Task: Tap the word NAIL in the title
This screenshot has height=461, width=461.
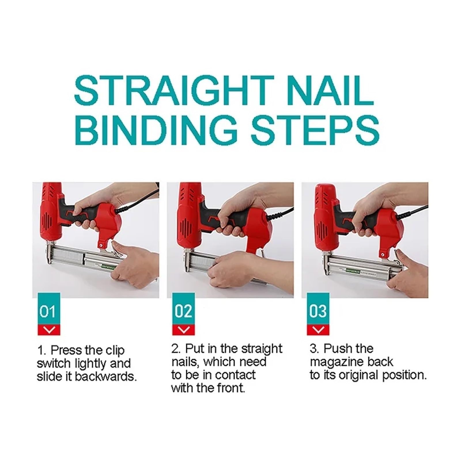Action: [x=330, y=90]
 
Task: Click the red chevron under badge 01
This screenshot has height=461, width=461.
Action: [x=49, y=330]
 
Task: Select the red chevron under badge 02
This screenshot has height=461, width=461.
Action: [x=183, y=330]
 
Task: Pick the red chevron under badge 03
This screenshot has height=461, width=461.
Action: [x=318, y=330]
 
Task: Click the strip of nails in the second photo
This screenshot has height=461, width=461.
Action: [x=202, y=264]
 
